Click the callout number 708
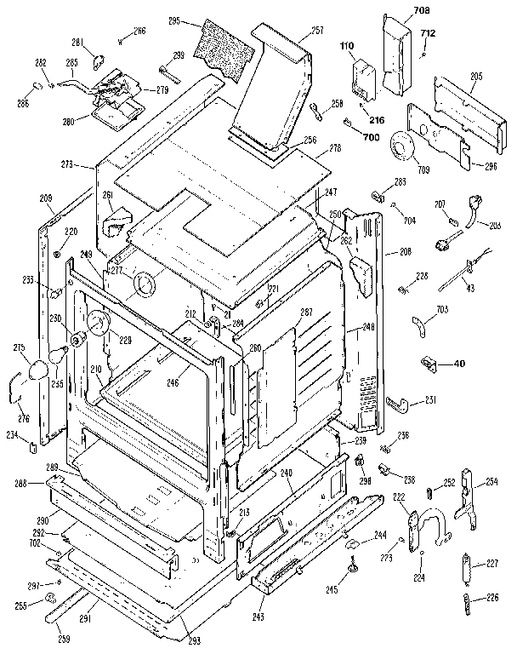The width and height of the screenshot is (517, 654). pos(422,9)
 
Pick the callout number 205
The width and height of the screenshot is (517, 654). pos(475,77)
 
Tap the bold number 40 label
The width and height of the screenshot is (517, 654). pos(459,364)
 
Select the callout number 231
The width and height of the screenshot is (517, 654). pos(430,400)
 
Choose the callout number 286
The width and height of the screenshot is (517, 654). pos(22,103)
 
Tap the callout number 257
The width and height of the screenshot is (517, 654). pos(293,30)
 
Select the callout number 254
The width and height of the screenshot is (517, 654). pos(491,483)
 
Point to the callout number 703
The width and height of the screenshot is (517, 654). pos(442,311)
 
